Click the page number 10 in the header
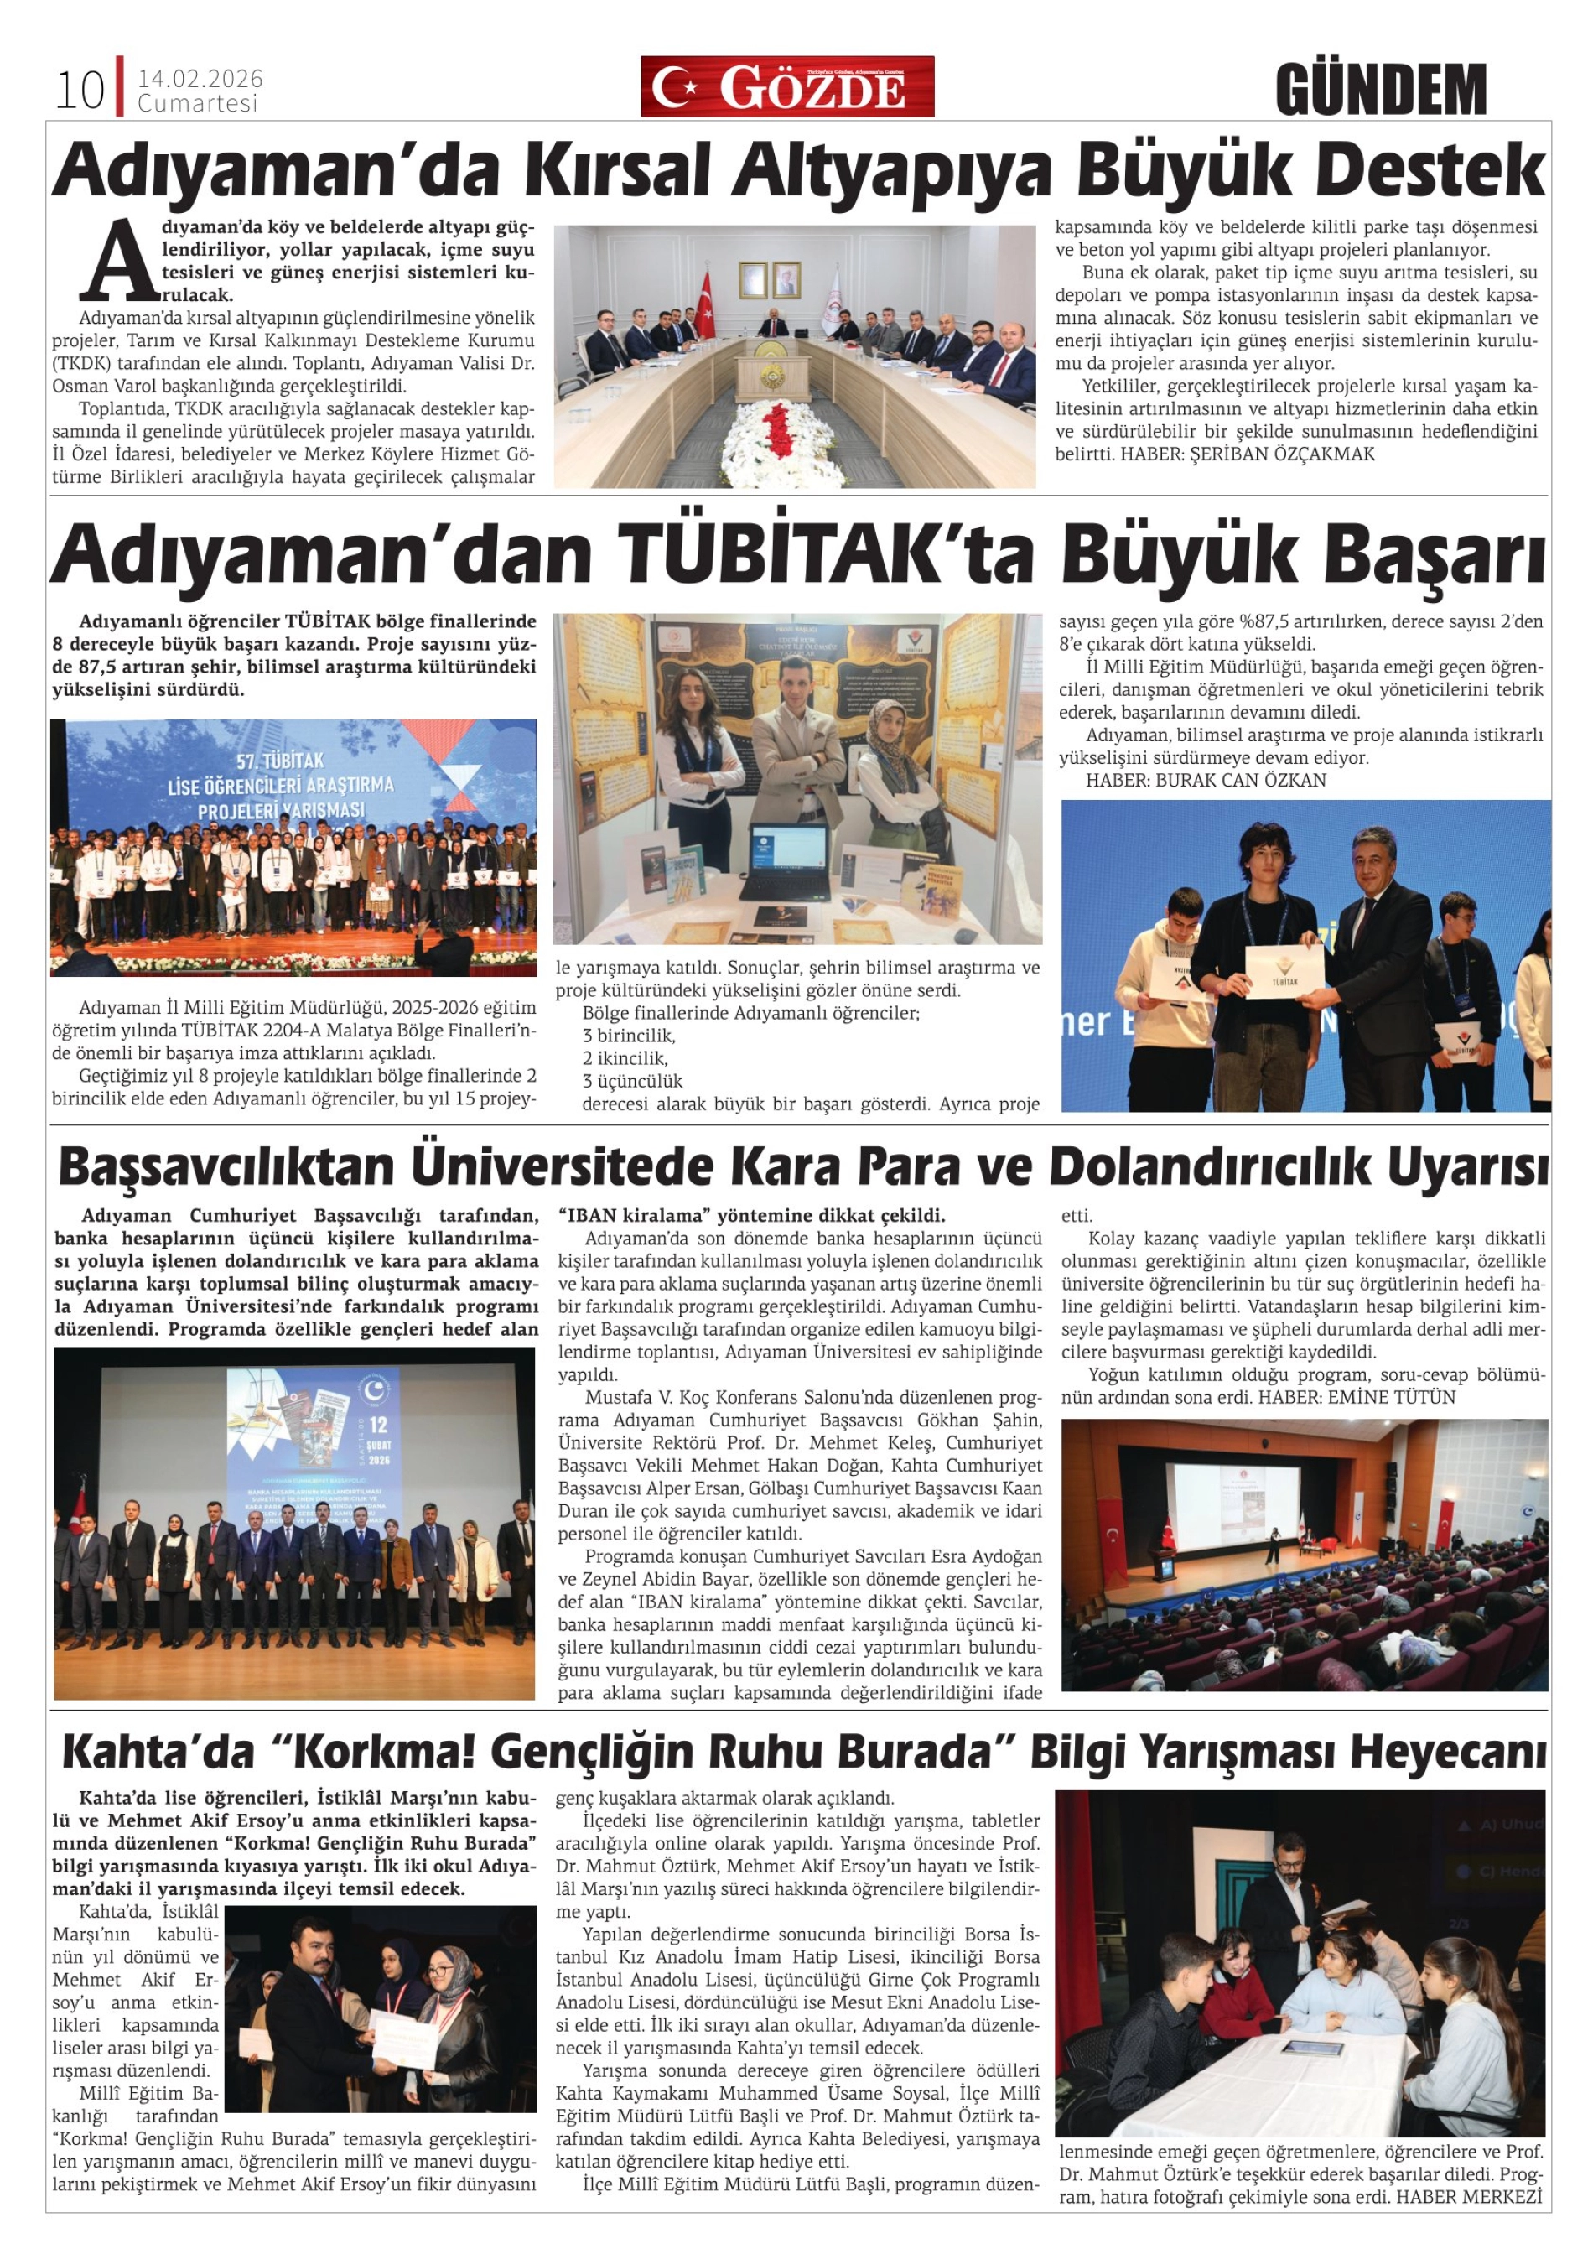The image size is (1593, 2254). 80,91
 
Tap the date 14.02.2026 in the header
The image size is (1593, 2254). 200,80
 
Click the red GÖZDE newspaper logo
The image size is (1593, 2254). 787,87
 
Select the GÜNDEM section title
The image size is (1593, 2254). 1381,91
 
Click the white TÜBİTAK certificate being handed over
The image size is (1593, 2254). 1284,973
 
